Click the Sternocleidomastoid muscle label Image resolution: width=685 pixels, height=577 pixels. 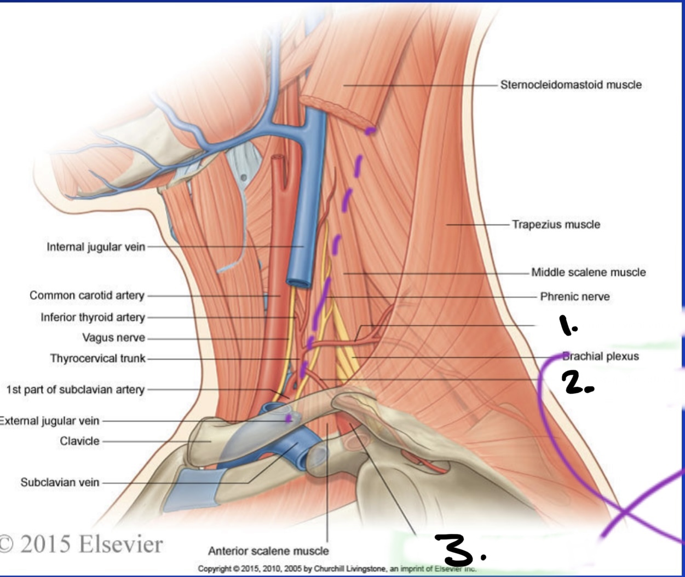point(571,85)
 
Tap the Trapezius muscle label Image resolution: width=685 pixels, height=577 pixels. point(556,224)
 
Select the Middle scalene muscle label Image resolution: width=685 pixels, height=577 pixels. point(589,272)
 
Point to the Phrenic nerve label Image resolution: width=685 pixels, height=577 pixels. point(574,296)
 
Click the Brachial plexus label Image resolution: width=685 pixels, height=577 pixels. point(601,357)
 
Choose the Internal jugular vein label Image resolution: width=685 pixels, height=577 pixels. point(96,247)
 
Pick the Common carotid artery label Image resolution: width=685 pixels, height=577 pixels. point(87,295)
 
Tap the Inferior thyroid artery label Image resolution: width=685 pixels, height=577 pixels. point(93,317)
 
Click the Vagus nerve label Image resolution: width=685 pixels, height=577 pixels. point(113,337)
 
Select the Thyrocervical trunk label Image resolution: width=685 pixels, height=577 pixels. point(97,358)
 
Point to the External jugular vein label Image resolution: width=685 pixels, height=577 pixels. point(49,421)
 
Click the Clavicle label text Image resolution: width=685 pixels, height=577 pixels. point(79,441)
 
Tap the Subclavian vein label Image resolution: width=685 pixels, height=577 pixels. point(60,482)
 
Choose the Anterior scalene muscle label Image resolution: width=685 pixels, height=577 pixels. point(268,551)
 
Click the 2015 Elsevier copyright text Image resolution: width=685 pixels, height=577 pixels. point(81,544)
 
